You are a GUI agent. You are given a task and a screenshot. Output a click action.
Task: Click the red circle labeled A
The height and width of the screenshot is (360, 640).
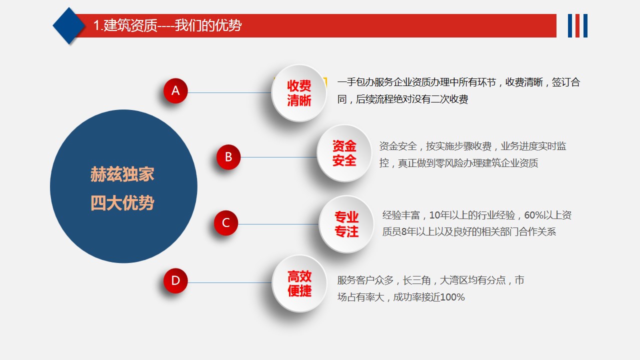click(x=175, y=91)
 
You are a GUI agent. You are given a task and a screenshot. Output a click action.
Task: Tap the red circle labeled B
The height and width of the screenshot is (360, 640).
click(x=228, y=157)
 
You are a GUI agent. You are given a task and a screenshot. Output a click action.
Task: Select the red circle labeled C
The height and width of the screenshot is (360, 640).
click(x=226, y=223)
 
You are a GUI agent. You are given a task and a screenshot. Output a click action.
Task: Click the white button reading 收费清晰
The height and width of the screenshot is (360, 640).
click(x=299, y=93)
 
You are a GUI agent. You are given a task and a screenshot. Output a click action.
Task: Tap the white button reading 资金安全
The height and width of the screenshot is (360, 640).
click(x=344, y=153)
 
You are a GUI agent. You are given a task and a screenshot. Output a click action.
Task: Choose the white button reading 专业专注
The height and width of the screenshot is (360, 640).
click(x=346, y=224)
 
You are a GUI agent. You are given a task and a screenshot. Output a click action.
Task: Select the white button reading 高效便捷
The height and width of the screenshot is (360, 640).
click(x=299, y=283)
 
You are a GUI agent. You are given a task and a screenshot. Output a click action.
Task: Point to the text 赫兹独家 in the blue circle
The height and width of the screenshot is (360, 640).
click(x=122, y=174)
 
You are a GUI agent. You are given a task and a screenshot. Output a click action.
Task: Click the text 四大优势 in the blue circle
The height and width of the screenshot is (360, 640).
click(x=122, y=203)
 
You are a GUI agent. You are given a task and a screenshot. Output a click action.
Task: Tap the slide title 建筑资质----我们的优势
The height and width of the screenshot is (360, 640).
click(x=167, y=25)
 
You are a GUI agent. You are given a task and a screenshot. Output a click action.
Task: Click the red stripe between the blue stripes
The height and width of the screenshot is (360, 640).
click(x=577, y=25)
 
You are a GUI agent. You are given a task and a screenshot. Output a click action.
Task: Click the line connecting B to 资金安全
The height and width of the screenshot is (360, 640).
click(x=278, y=157)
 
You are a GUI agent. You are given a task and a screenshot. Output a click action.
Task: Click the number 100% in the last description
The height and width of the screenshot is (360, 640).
click(x=453, y=297)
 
